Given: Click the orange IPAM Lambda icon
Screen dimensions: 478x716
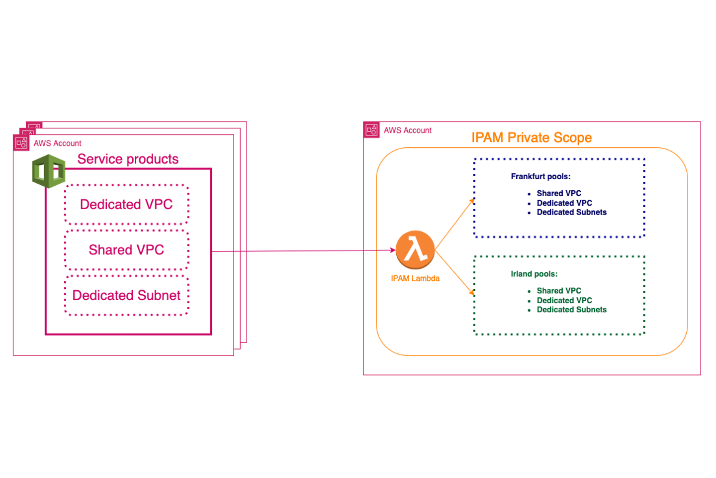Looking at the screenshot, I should [x=415, y=249].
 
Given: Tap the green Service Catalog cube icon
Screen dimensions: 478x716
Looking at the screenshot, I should [x=49, y=171].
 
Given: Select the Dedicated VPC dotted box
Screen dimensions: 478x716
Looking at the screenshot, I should [x=126, y=205].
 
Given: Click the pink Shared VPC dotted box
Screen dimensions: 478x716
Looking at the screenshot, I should [x=126, y=250].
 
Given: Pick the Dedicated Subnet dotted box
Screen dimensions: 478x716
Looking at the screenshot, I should [x=126, y=295].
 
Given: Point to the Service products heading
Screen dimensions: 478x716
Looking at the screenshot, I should [x=128, y=159].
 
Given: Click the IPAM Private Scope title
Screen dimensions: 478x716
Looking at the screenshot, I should [x=531, y=137].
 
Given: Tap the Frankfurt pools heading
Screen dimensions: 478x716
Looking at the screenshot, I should [x=540, y=176].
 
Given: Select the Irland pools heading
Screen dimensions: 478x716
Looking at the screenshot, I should [x=534, y=274].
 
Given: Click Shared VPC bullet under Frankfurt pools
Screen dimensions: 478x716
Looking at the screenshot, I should [x=558, y=193].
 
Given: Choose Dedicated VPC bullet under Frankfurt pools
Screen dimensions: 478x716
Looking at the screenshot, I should [x=564, y=203].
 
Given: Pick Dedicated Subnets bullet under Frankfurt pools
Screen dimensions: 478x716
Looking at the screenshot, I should [x=571, y=212].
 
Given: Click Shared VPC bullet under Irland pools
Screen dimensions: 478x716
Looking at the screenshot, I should [x=558, y=291].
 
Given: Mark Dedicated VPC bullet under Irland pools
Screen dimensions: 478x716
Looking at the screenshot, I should [x=564, y=300].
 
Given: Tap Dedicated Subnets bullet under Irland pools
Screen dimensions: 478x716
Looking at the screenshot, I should [x=571, y=310].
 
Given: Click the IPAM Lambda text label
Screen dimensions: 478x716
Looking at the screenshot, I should [x=415, y=278].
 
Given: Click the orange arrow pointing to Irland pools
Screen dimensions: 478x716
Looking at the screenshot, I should [x=455, y=273].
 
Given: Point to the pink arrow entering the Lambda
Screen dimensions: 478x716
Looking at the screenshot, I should [x=303, y=251].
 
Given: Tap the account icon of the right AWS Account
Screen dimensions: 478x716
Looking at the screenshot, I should [x=371, y=130].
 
